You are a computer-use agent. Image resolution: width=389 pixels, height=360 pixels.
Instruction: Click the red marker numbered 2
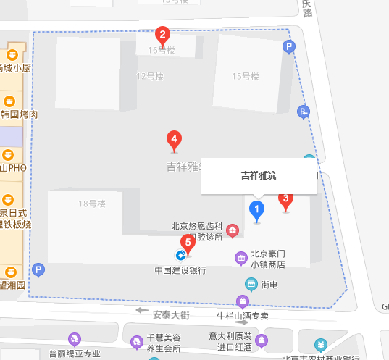[x=163, y=34]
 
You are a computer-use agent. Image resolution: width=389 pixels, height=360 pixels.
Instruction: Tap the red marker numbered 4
[x=174, y=138]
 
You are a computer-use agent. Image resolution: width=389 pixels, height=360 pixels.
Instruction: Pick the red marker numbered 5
[x=188, y=243]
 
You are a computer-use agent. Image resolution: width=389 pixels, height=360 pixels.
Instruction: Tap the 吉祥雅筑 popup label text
[x=258, y=175]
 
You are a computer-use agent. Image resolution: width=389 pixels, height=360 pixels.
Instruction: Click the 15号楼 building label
[x=246, y=76]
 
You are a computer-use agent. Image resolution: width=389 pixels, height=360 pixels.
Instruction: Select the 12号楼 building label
[x=151, y=75]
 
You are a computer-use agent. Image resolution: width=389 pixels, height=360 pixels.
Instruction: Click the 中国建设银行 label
[x=180, y=271]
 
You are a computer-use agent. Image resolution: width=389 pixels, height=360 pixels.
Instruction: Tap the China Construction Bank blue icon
[x=180, y=255]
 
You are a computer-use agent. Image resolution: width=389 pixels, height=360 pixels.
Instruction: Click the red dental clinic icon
[x=233, y=231]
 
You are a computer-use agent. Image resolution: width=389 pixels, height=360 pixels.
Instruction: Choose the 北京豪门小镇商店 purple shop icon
[x=240, y=259]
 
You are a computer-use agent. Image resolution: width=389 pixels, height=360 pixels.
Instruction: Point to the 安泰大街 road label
[x=171, y=314]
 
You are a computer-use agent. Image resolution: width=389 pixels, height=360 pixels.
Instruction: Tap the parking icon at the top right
[x=289, y=49]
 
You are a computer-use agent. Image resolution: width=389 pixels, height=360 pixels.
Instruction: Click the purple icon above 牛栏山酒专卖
[x=243, y=301]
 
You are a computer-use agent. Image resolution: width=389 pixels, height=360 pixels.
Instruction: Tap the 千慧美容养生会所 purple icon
[x=135, y=341]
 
